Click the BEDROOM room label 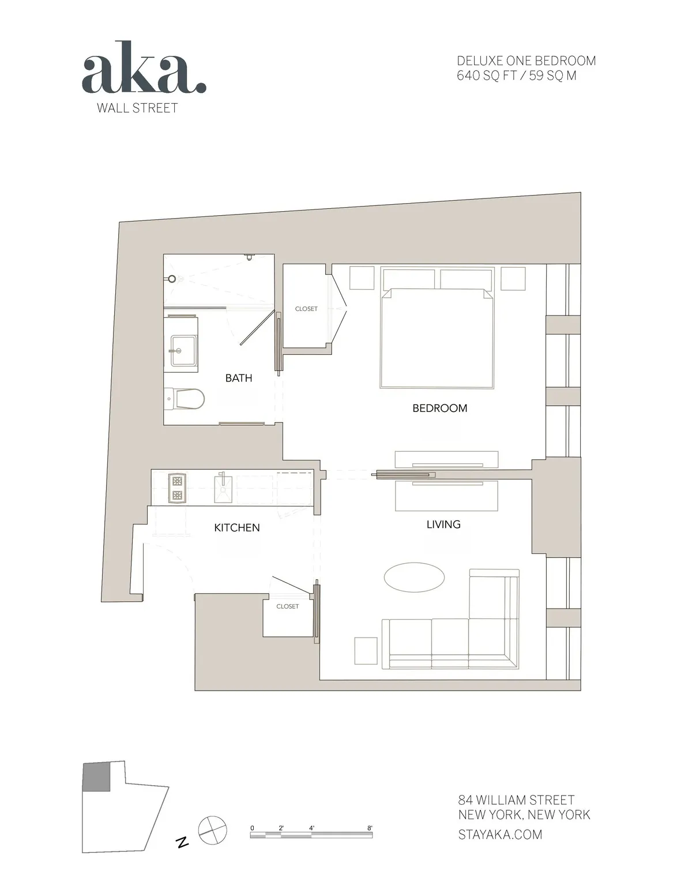tap(439, 408)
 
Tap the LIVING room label tap(443, 524)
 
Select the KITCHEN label tap(236, 527)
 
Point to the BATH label tap(238, 378)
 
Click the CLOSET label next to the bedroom tap(306, 309)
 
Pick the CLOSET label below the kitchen tap(287, 606)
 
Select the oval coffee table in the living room tap(414, 577)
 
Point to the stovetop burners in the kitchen tap(177, 488)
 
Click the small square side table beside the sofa tap(366, 650)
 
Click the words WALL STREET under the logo tap(137, 108)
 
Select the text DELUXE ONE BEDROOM tap(526, 61)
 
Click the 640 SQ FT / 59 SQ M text tap(516, 76)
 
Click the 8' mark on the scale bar tap(370, 828)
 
